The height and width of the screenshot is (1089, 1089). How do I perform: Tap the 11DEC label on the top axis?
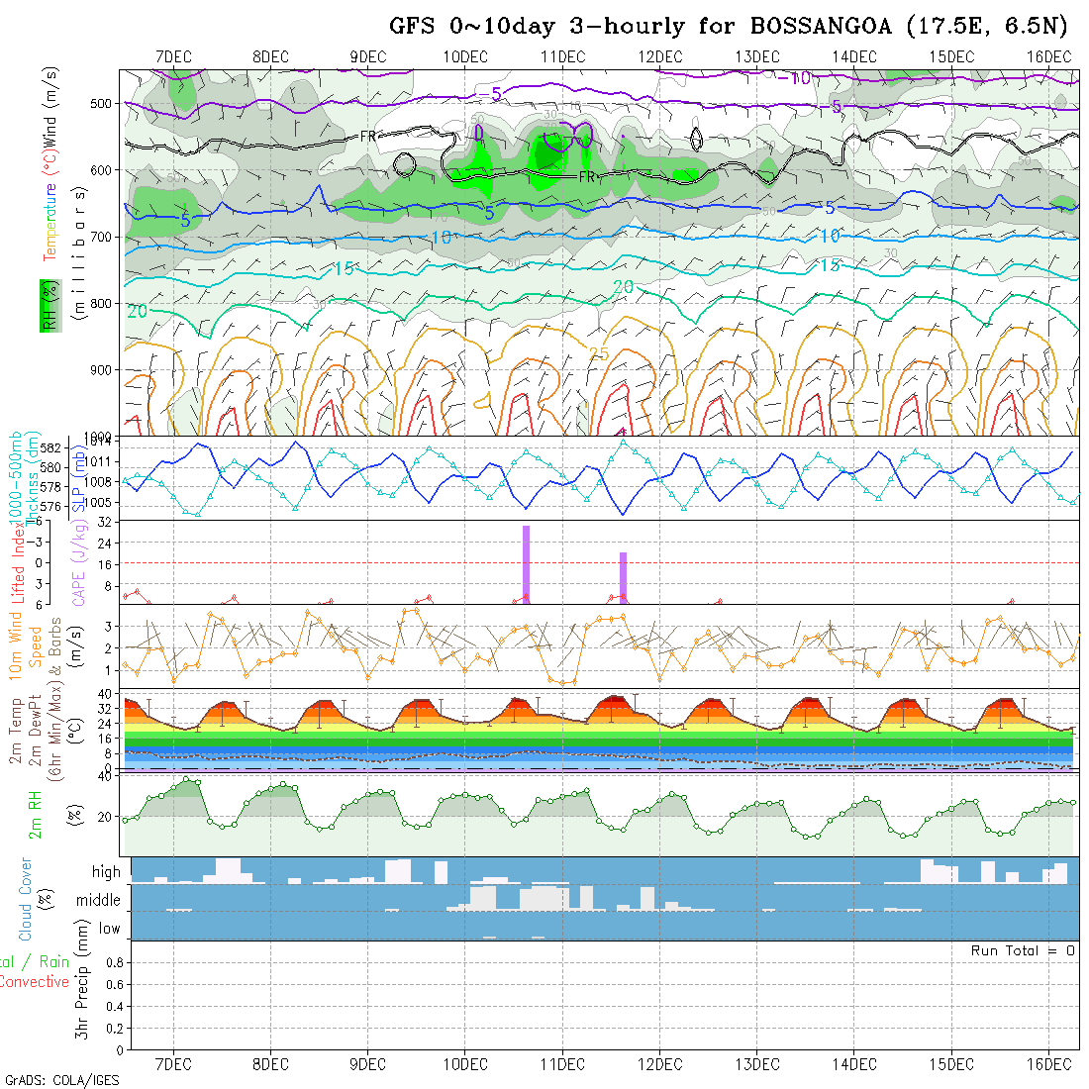click(562, 57)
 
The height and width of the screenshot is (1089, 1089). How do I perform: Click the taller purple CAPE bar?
click(527, 562)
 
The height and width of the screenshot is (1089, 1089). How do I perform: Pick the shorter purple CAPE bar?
click(623, 576)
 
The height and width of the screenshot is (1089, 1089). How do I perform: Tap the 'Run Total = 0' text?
click(1023, 950)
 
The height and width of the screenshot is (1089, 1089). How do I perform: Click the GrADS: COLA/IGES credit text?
click(62, 1080)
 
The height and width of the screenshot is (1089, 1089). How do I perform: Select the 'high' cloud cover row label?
click(106, 872)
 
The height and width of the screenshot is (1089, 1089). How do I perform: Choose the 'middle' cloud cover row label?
click(99, 900)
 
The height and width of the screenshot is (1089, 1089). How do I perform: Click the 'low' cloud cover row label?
click(109, 929)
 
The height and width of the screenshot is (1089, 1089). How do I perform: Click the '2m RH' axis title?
click(36, 812)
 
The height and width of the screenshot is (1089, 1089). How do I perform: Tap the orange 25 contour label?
click(599, 353)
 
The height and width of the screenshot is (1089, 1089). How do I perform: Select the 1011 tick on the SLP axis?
click(100, 461)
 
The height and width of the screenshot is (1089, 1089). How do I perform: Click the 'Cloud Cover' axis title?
click(25, 899)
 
